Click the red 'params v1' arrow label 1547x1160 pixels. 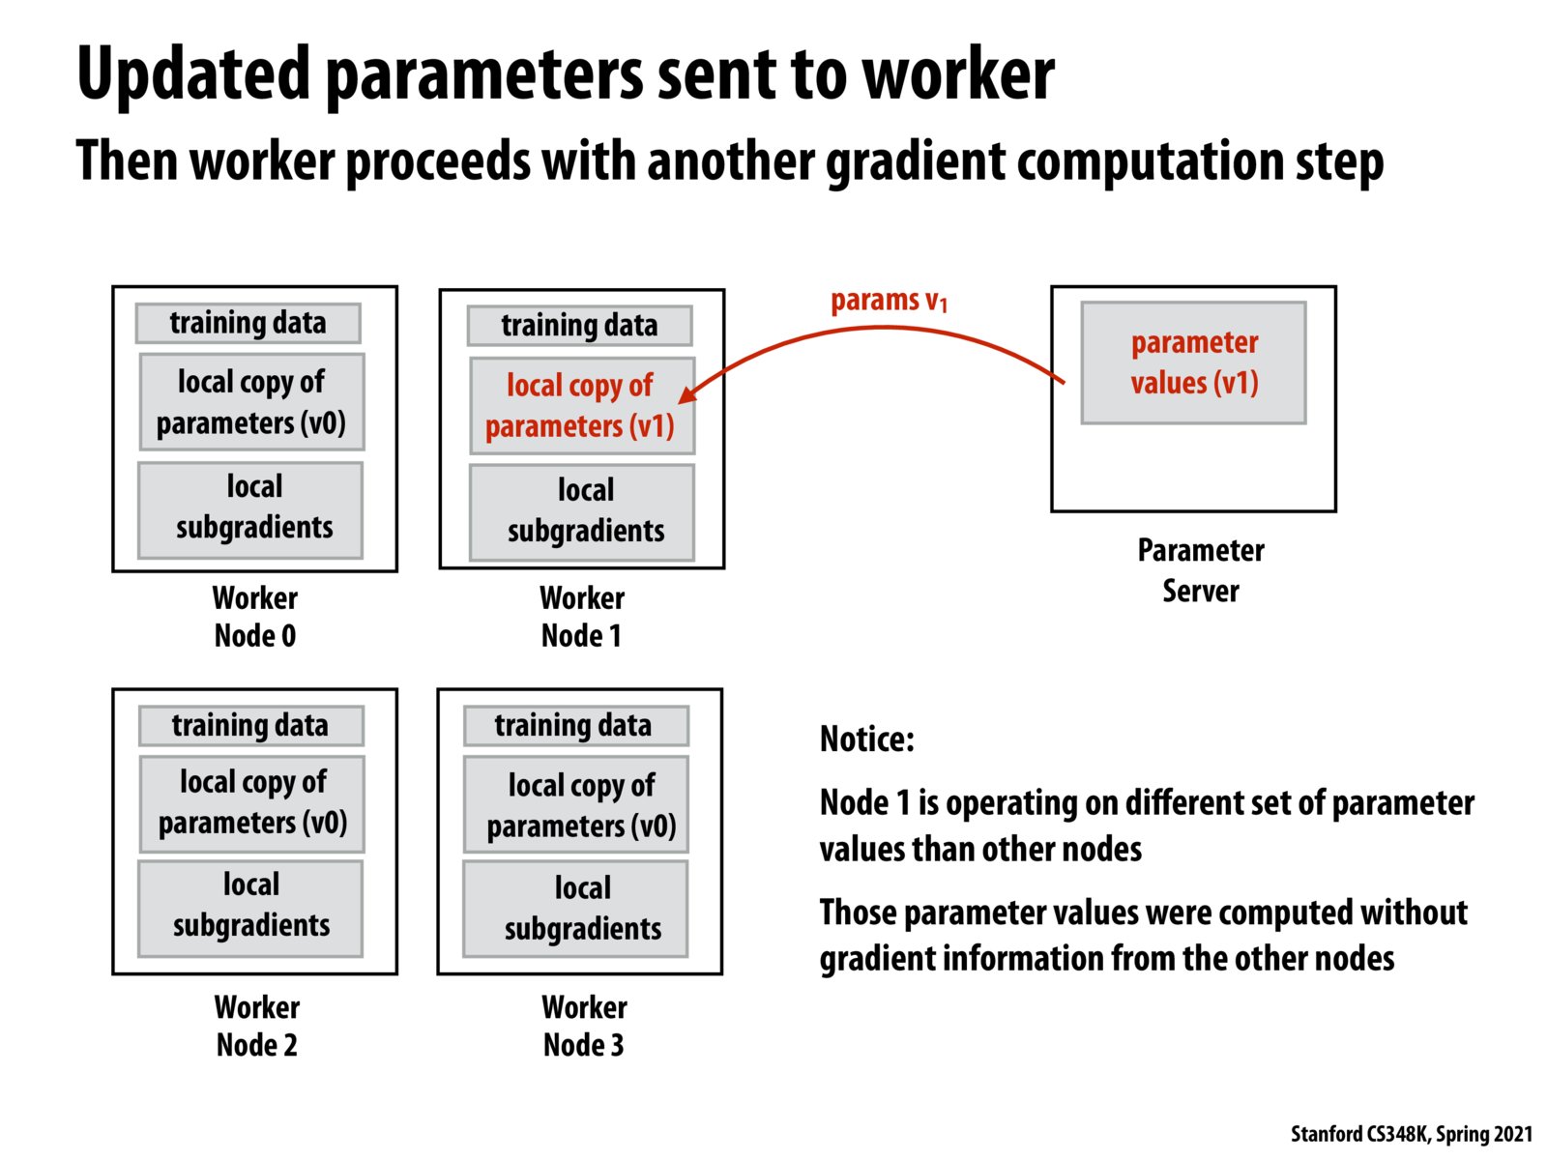pyautogui.click(x=889, y=302)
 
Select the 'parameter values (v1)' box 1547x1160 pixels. pyautogui.click(x=1193, y=362)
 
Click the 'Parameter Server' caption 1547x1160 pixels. pyautogui.click(x=1200, y=570)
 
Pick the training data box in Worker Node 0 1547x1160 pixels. pyautogui.click(x=248, y=323)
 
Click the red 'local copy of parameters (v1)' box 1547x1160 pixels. pyautogui.click(x=581, y=406)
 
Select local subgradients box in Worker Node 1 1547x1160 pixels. pyautogui.click(x=581, y=511)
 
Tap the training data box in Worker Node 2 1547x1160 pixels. pyautogui.click(x=250, y=725)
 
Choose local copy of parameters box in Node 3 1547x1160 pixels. pyautogui.click(x=576, y=804)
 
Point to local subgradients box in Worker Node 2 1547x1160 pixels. pyautogui.click(x=250, y=907)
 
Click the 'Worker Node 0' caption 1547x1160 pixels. pyautogui.click(x=255, y=617)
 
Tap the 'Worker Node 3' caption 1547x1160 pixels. pyautogui.click(x=584, y=1026)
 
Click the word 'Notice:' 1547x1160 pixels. pyautogui.click(x=866, y=739)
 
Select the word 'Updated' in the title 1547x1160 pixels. pyautogui.click(x=193, y=73)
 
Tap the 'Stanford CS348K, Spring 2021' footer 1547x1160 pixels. pyautogui.click(x=1411, y=1134)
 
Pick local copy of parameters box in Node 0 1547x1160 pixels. pyautogui.click(x=251, y=402)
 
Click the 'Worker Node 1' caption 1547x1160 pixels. pyautogui.click(x=582, y=617)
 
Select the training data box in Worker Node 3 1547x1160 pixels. pyautogui.click(x=575, y=725)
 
